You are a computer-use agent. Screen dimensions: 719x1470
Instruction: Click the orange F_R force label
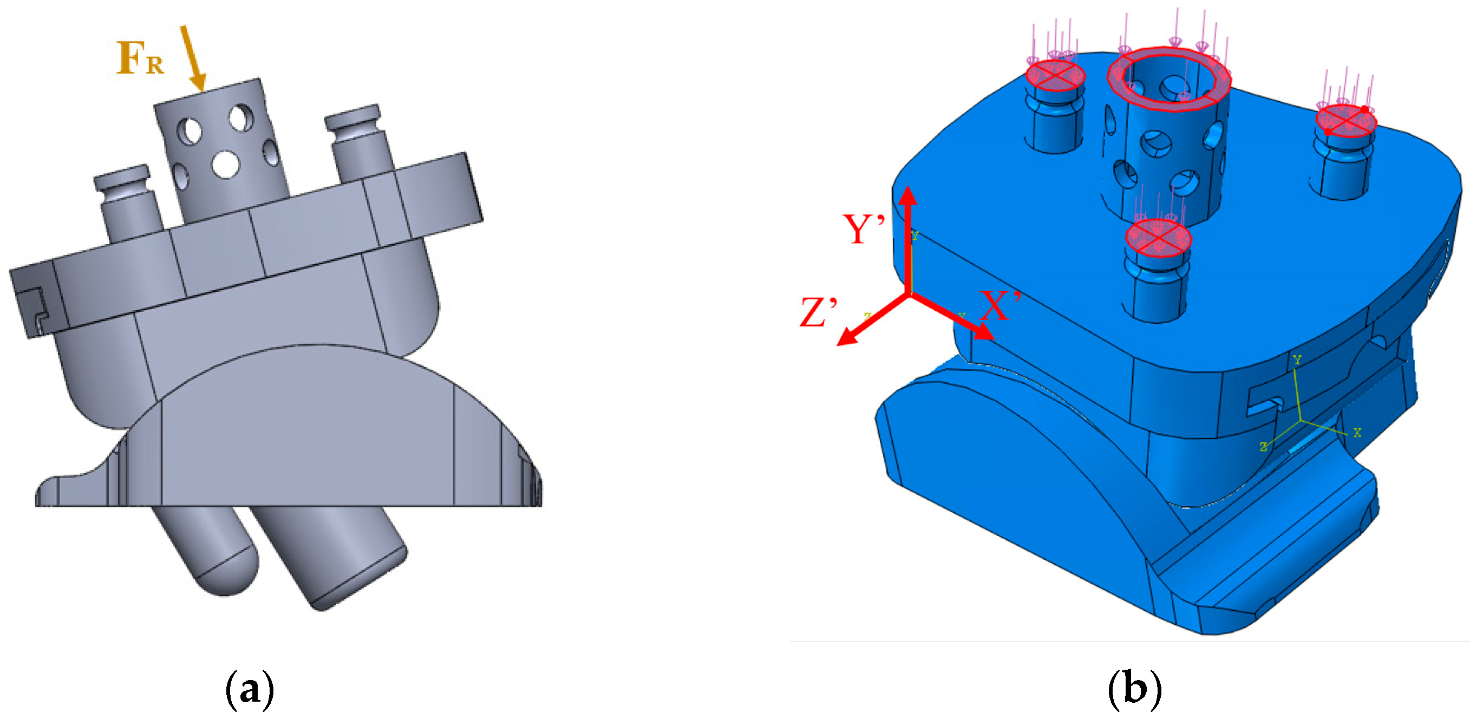tap(140, 59)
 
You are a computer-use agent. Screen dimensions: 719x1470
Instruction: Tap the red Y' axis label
tap(864, 230)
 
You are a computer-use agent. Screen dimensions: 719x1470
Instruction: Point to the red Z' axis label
tap(818, 313)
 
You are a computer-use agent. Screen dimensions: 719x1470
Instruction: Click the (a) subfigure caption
tap(250, 689)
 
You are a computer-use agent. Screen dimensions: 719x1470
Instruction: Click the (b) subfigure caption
tap(1134, 689)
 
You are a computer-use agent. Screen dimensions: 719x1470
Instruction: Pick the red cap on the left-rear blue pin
tap(1055, 75)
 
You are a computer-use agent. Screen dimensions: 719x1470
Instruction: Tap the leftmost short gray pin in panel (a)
tap(127, 200)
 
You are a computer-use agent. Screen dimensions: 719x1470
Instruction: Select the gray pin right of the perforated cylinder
tap(360, 142)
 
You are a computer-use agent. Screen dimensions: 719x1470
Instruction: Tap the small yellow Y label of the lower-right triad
tap(1297, 359)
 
